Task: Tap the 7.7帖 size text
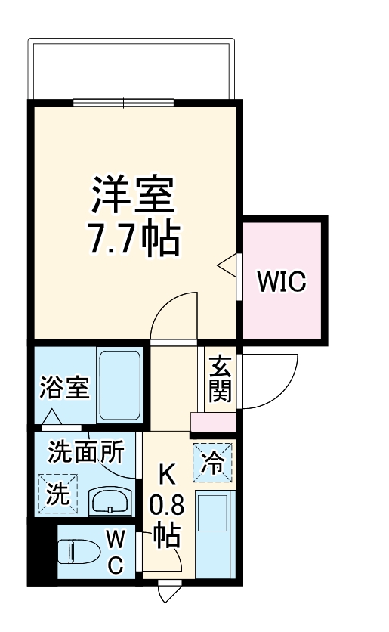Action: (135, 237)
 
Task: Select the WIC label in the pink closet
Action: (282, 282)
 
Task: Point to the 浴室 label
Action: (64, 389)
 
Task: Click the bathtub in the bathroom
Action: (120, 387)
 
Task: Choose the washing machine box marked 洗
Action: (59, 494)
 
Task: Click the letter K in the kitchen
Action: (166, 475)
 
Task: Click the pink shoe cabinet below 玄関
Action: (212, 422)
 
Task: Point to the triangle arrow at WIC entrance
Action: (227, 265)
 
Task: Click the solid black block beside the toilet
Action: (43, 550)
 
